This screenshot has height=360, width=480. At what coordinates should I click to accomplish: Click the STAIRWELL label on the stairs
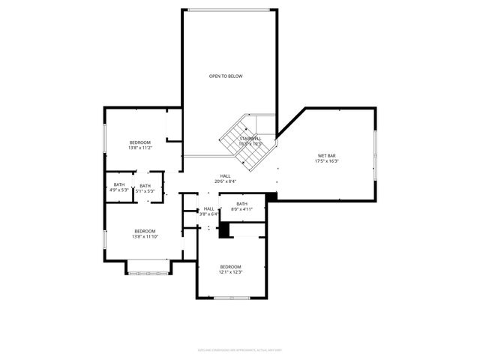250,139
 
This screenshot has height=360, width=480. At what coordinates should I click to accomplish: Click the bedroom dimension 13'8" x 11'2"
140,148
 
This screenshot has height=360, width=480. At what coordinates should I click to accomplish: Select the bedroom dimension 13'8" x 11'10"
145,237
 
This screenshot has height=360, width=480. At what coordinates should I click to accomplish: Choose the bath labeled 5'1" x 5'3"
145,191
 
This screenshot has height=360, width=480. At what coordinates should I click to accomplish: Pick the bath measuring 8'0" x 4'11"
242,209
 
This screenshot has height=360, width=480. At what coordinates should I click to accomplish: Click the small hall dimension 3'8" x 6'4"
208,214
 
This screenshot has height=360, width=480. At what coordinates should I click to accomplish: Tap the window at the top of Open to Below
229,10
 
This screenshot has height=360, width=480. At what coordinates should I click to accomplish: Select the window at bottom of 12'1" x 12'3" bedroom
230,298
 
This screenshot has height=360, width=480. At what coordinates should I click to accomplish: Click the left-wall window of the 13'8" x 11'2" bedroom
104,141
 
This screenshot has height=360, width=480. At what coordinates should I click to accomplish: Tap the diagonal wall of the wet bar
290,123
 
